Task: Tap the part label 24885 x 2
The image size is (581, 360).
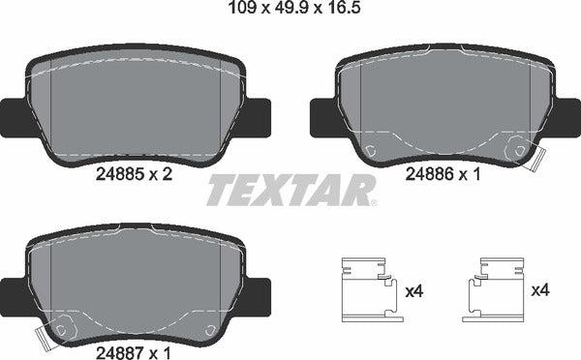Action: [135, 176]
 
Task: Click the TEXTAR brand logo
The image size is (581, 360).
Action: [290, 190]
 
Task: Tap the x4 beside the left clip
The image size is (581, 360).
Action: [413, 289]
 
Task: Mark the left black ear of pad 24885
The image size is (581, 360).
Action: [12, 117]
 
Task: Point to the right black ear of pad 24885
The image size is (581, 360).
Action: [259, 117]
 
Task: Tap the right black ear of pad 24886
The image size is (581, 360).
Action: [568, 117]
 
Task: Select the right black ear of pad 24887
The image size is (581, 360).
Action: [260, 293]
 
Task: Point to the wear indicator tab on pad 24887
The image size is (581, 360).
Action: [44, 339]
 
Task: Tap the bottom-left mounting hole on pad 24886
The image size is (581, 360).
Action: [372, 150]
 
